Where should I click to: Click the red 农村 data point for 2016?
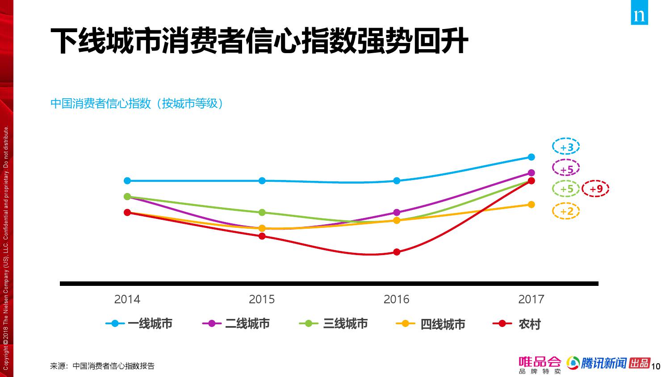coord(397,252)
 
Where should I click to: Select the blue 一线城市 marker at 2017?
coord(531,157)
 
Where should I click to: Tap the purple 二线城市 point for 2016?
coord(397,213)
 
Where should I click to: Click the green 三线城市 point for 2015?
coord(262,212)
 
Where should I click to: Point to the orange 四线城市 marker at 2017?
coord(531,205)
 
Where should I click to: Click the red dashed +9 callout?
coord(596,189)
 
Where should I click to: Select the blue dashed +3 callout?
coord(566,147)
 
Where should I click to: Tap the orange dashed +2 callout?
coord(566,211)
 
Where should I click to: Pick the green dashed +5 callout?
coord(566,189)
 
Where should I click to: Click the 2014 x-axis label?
coord(127,299)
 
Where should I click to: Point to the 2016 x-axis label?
coord(396,299)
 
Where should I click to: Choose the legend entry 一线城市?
coord(139,323)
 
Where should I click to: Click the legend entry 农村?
coord(517,324)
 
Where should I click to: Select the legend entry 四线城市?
coord(431,324)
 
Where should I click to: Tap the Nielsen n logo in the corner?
coord(640,16)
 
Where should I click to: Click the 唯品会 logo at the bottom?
coord(540,364)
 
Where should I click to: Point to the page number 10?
coord(656,367)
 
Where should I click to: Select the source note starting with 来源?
coord(102,366)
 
